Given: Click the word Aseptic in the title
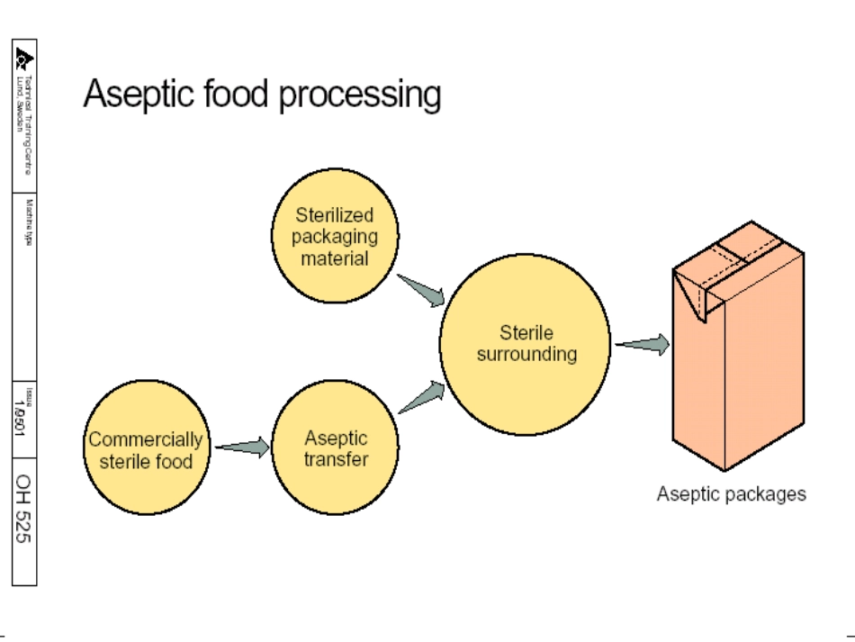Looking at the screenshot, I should click(x=135, y=94).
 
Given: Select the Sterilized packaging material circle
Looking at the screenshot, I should click(x=334, y=237).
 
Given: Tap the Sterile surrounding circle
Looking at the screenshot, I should click(x=526, y=344).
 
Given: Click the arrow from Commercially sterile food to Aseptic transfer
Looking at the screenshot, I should click(x=242, y=447).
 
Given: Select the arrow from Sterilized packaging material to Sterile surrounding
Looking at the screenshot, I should click(x=421, y=290).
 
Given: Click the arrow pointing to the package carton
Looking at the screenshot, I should click(x=643, y=344).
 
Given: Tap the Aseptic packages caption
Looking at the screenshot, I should click(x=731, y=493).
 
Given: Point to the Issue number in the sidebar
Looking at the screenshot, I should click(x=24, y=420).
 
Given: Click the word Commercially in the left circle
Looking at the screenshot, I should click(x=145, y=440).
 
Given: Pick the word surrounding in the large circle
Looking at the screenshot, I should click(x=526, y=354).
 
